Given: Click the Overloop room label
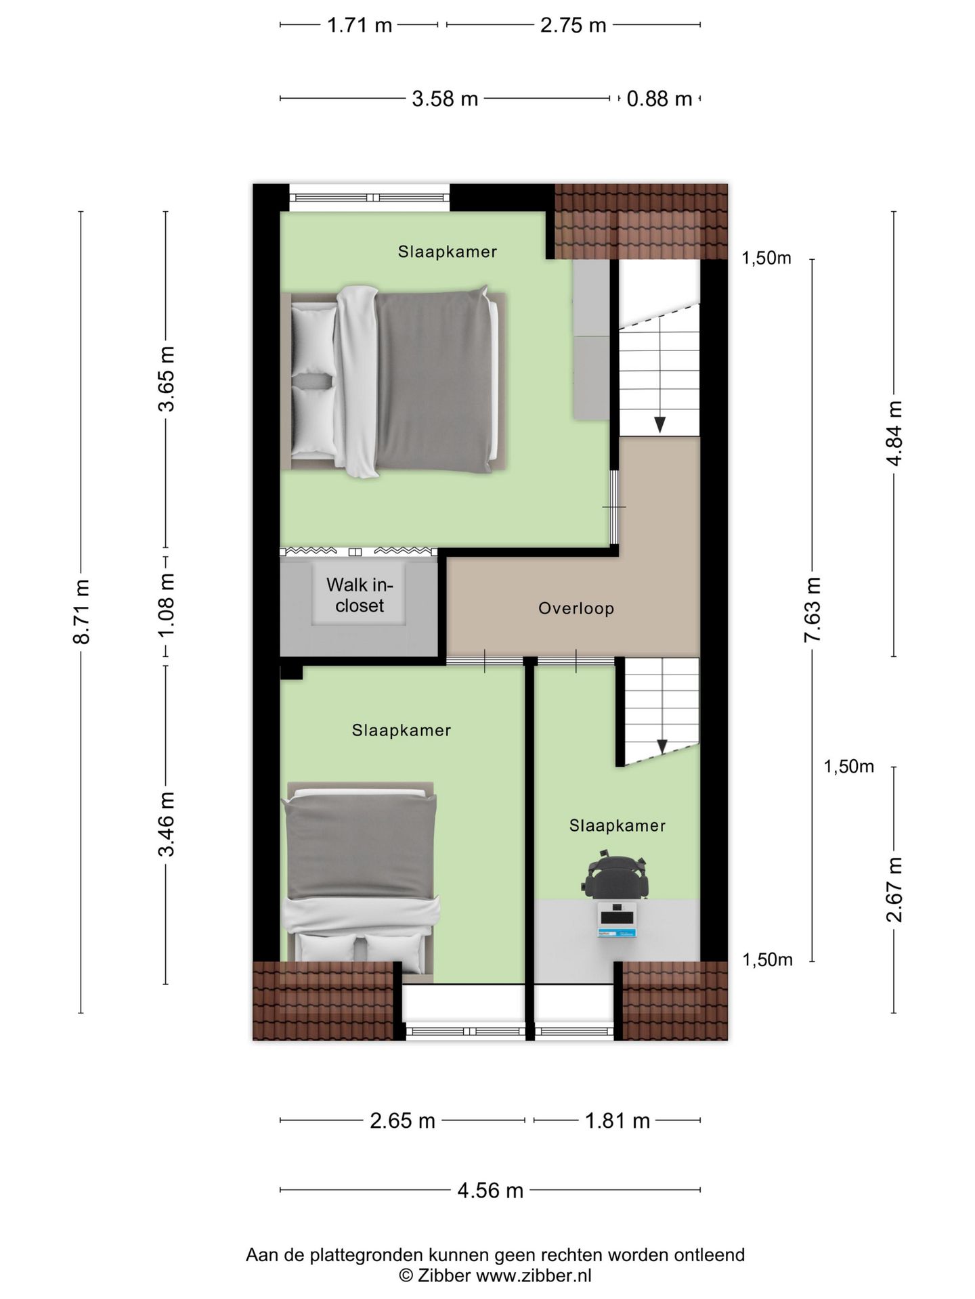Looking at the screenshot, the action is pyautogui.click(x=576, y=608).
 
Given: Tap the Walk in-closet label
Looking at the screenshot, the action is pyautogui.click(x=360, y=595).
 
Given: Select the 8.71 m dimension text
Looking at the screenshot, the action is pyautogui.click(x=81, y=612).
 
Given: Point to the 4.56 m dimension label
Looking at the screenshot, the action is pyautogui.click(x=490, y=1190).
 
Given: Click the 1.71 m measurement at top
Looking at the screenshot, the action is pyautogui.click(x=360, y=25).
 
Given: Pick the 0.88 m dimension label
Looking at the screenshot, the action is pyautogui.click(x=659, y=99).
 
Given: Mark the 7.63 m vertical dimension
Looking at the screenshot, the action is pyautogui.click(x=812, y=610).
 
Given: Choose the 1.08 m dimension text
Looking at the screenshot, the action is pyautogui.click(x=166, y=604).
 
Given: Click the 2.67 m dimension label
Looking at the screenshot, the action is pyautogui.click(x=894, y=889).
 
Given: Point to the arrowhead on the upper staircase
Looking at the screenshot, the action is pyautogui.click(x=659, y=425).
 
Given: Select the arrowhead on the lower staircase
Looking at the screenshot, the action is pyautogui.click(x=662, y=746).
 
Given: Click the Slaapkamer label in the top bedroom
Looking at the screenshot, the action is pyautogui.click(x=448, y=252).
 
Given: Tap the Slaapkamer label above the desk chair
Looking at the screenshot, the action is pyautogui.click(x=617, y=825).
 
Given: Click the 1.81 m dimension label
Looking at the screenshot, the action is pyautogui.click(x=617, y=1121).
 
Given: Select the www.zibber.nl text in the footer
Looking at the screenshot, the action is pyautogui.click(x=534, y=1276).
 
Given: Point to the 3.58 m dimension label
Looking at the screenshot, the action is pyautogui.click(x=445, y=99).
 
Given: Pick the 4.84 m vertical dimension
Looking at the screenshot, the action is pyautogui.click(x=894, y=433).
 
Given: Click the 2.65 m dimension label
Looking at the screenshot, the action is pyautogui.click(x=402, y=1121).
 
